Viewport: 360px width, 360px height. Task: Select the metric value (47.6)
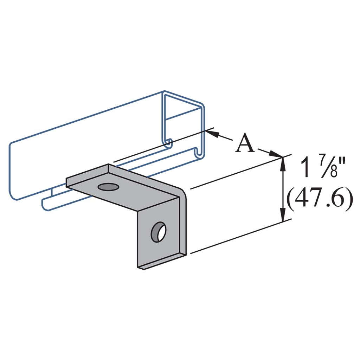320,198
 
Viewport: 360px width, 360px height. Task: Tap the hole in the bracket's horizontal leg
109,187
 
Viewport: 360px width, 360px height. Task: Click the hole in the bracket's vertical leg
159,232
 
